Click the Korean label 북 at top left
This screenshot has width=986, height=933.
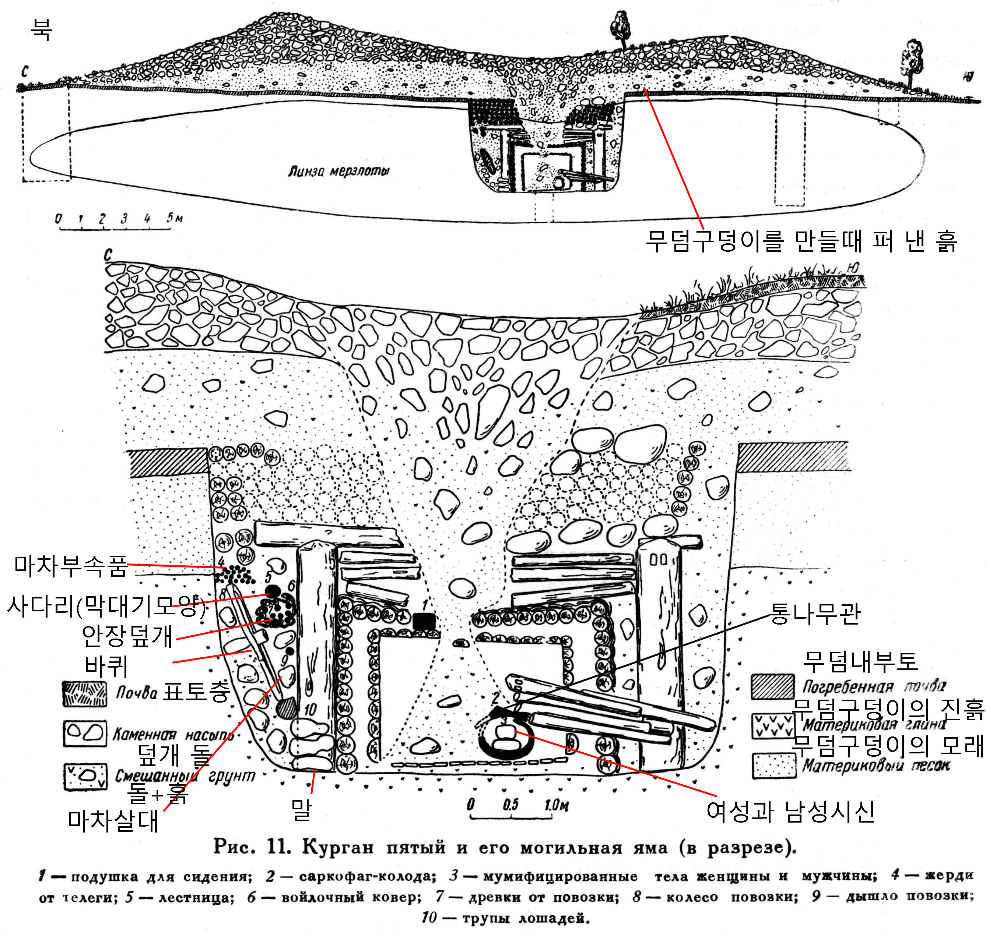41,30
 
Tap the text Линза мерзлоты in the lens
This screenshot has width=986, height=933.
338,171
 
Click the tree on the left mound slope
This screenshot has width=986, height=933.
621,29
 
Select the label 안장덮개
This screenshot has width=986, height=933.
127,636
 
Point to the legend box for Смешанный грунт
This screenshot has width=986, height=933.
85,776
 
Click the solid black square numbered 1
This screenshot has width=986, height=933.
424,621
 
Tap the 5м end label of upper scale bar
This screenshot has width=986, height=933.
174,218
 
